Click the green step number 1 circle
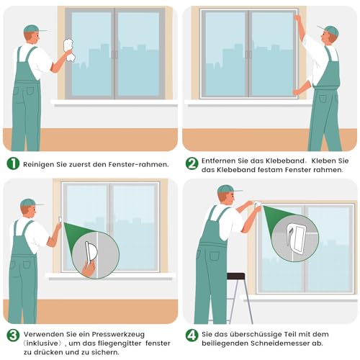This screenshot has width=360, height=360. tap(13, 163)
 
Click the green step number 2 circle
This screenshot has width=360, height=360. tap(192, 163)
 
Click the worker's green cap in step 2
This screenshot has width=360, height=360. tap(330, 30)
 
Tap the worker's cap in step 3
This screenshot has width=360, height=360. tap(29, 203)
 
